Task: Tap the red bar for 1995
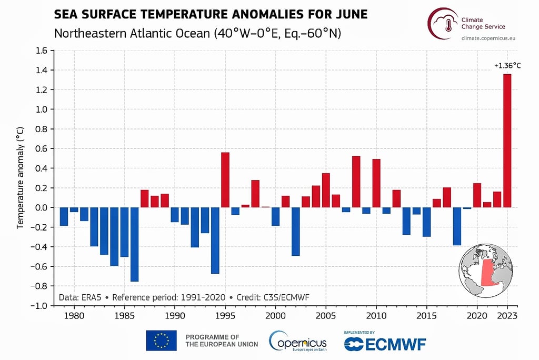(x=225, y=179)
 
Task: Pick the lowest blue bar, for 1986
(x=134, y=244)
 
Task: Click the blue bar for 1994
(x=215, y=240)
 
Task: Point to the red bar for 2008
(x=356, y=182)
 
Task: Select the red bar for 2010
(x=376, y=183)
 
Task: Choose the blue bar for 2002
(x=295, y=231)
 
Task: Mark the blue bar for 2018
(x=457, y=226)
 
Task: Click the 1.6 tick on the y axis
(x=42, y=51)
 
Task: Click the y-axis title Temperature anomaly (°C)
(x=21, y=178)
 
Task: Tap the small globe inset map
(x=485, y=271)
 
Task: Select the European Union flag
(x=161, y=341)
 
